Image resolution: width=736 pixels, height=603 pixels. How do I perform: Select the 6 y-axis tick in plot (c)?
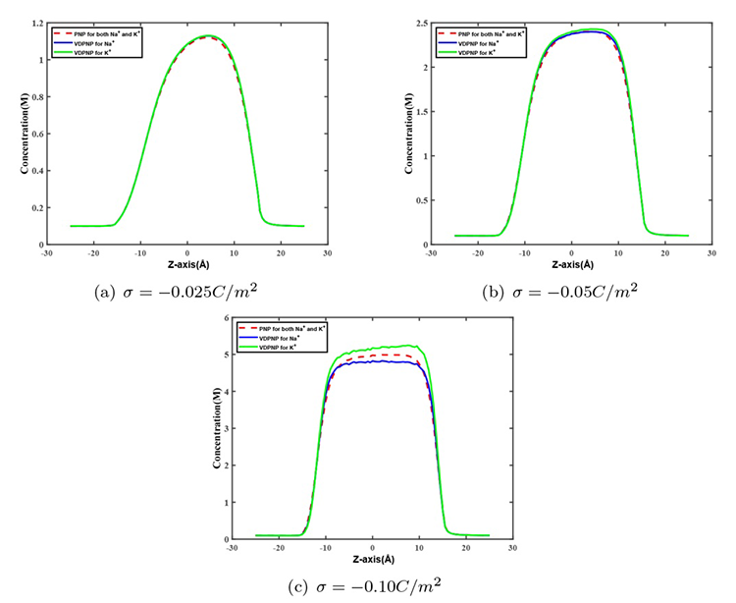pos(226,317)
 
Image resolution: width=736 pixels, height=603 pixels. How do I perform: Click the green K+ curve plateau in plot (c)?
pos(373,349)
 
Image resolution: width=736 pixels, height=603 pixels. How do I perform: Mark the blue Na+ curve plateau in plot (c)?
pos(373,362)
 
